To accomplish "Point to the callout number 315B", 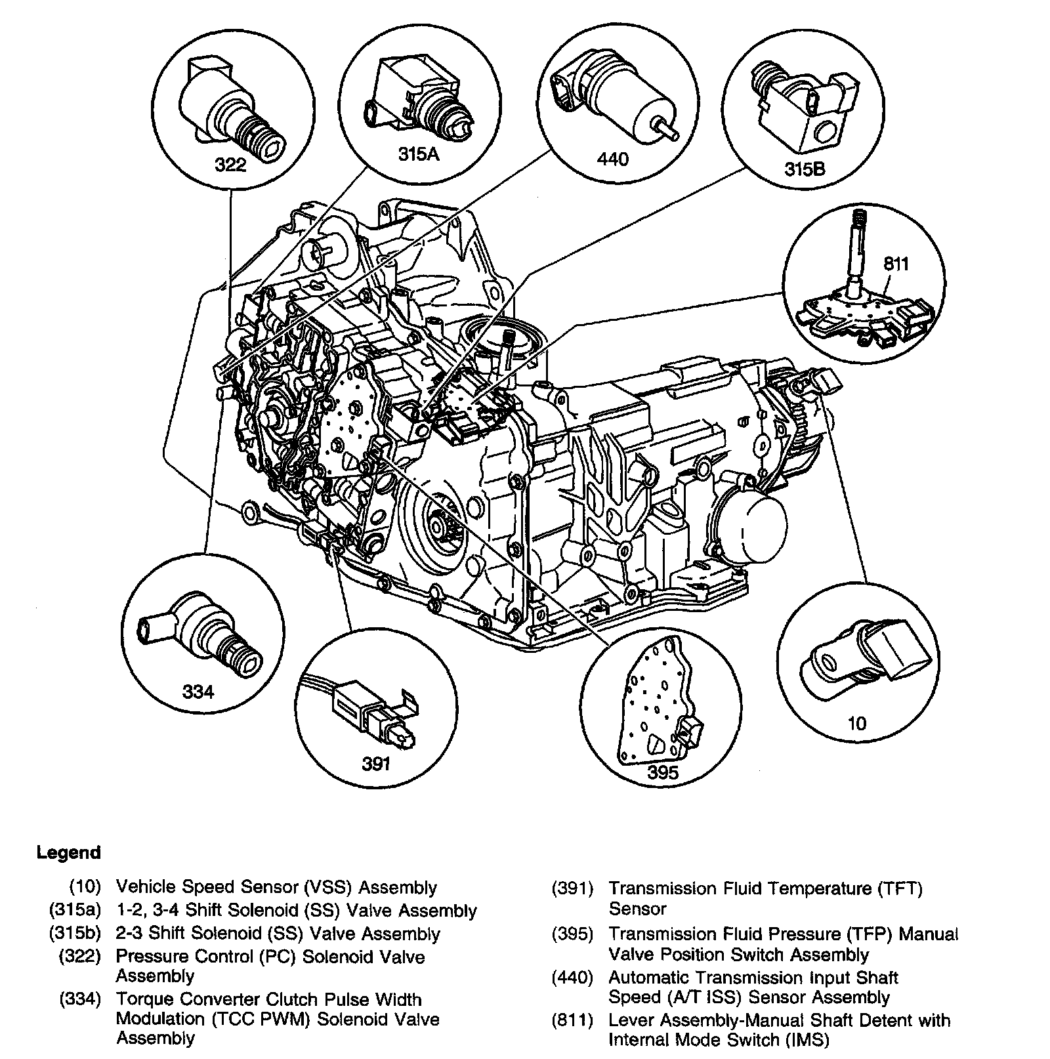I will click(x=805, y=169).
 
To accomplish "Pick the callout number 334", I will click(x=198, y=691).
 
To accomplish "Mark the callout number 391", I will click(x=376, y=763).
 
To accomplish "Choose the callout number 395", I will click(x=662, y=772).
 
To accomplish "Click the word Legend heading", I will click(x=69, y=853).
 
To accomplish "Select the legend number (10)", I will click(x=85, y=887).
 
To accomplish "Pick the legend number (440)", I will click(x=572, y=978).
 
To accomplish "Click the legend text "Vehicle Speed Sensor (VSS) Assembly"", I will click(x=276, y=887).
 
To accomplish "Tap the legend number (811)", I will click(x=572, y=1021).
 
